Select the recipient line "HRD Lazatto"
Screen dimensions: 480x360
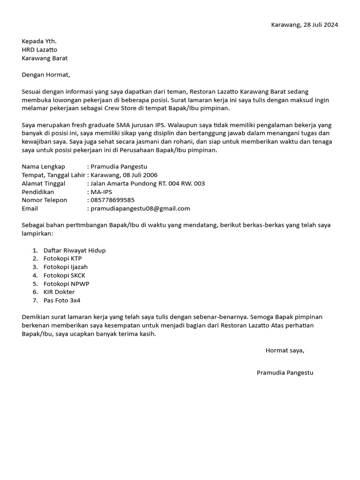tap(40, 50)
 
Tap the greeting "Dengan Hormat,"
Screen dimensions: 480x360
tap(45, 75)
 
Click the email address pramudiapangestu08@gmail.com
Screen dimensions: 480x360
tap(140, 209)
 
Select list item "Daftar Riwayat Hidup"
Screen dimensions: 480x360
tap(75, 250)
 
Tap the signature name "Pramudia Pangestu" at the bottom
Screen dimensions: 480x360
tap(285, 373)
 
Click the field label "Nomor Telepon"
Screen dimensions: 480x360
tap(45, 200)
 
